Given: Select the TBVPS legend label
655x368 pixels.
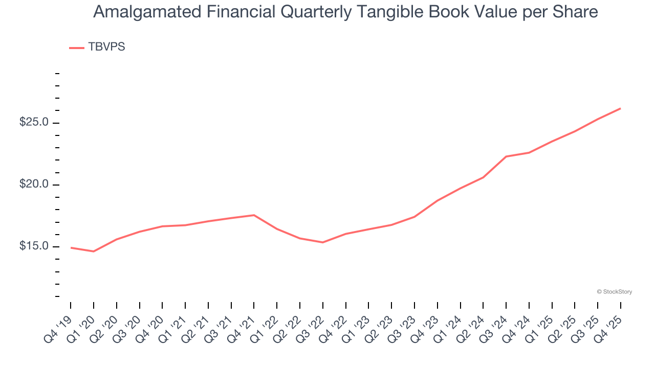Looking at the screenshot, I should click(106, 47).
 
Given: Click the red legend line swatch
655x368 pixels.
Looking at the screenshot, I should click(77, 48).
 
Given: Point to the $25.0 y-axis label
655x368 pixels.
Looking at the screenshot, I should click(34, 123).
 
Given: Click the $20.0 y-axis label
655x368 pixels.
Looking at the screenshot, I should click(34, 185).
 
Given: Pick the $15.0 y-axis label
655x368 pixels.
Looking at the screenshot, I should click(34, 246).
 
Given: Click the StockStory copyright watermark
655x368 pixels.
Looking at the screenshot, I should click(614, 292).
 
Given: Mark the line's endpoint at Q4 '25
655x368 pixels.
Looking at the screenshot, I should click(621, 108).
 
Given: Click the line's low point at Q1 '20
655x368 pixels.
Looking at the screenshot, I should click(94, 251).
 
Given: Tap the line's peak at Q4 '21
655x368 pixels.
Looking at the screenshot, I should click(254, 215).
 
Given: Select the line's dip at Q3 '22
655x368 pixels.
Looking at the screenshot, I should click(323, 242).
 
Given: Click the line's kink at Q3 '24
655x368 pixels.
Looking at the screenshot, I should click(506, 156).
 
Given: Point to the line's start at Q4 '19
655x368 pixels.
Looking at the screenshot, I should click(71, 247).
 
